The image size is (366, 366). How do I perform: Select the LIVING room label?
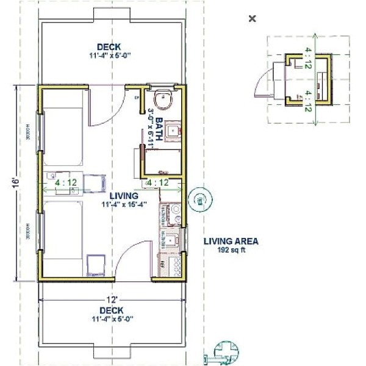pyautogui.click(x=124, y=196)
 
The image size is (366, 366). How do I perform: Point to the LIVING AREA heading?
pyautogui.click(x=231, y=242)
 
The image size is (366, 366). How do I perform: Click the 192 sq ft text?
pyautogui.click(x=231, y=250)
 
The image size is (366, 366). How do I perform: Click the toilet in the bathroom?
pyautogui.click(x=164, y=99)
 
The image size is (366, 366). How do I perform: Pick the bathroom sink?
pyautogui.click(x=174, y=130)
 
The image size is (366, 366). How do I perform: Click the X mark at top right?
pyautogui.click(x=252, y=19)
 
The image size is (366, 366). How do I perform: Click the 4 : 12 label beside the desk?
pyautogui.click(x=65, y=182)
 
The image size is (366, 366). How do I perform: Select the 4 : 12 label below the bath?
pyautogui.click(x=157, y=182)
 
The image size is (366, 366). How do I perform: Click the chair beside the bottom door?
pyautogui.click(x=96, y=263)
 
